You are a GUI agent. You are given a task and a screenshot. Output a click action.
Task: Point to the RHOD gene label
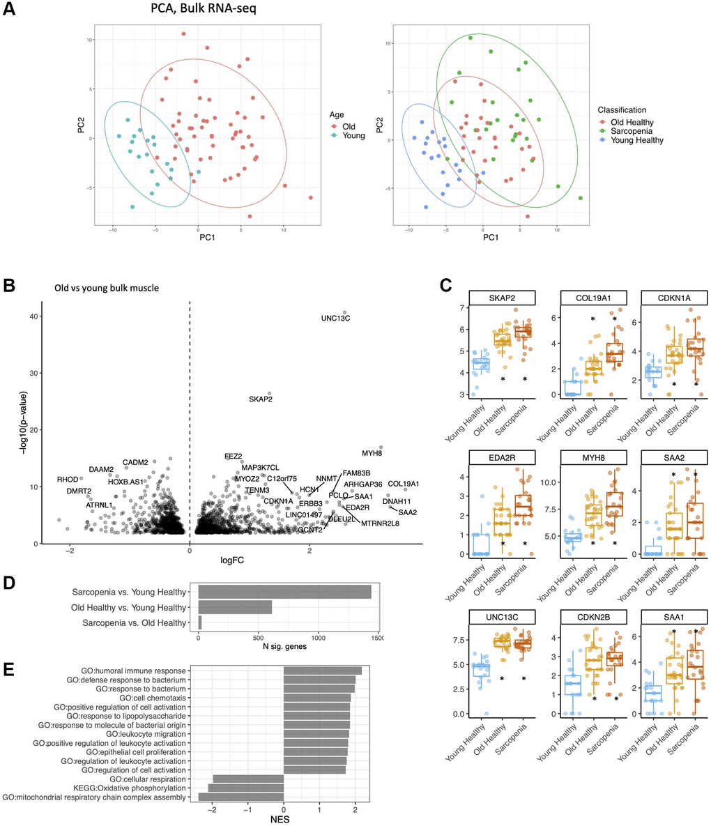click(x=67, y=480)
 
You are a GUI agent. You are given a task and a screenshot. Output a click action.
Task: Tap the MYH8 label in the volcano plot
click(x=373, y=454)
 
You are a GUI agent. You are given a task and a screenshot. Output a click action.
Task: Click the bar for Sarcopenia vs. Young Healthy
click(x=284, y=592)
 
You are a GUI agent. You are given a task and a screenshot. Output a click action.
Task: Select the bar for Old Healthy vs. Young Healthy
click(x=235, y=608)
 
